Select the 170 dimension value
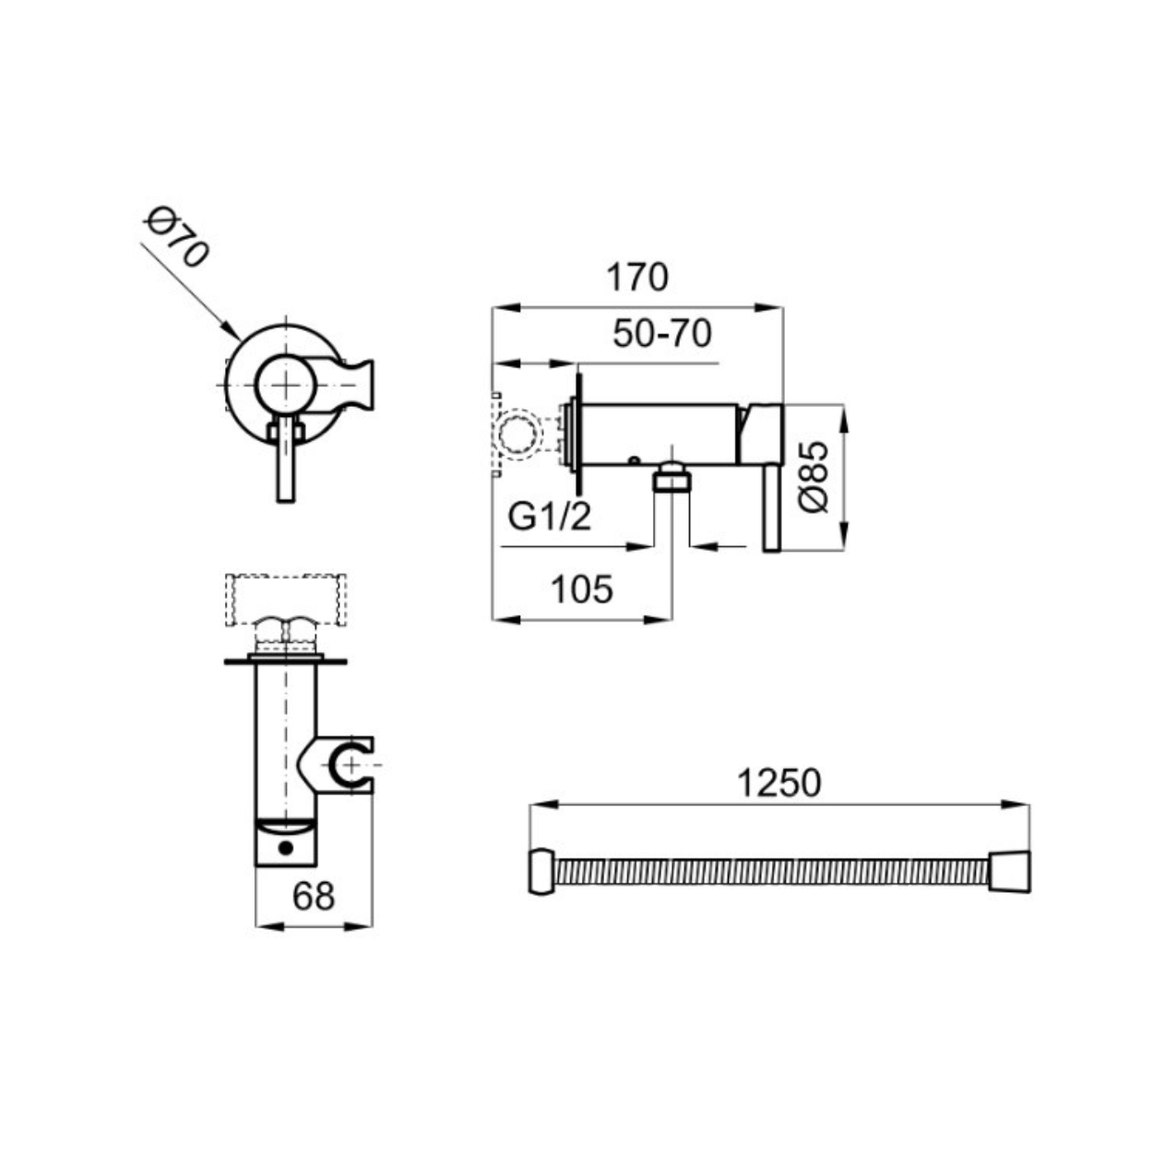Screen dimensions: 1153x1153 click(x=637, y=278)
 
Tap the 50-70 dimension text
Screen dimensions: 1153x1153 click(x=662, y=333)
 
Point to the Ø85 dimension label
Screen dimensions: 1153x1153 click(x=814, y=476)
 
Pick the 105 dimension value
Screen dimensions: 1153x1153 click(x=582, y=588)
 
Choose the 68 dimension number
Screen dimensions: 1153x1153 click(x=314, y=897)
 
